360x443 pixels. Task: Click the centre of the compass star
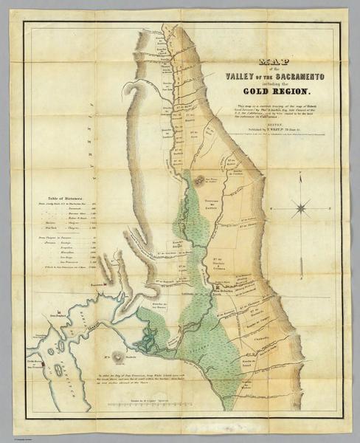[300, 209]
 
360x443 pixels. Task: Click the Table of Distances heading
[65, 198]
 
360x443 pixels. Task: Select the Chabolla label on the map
[251, 340]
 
